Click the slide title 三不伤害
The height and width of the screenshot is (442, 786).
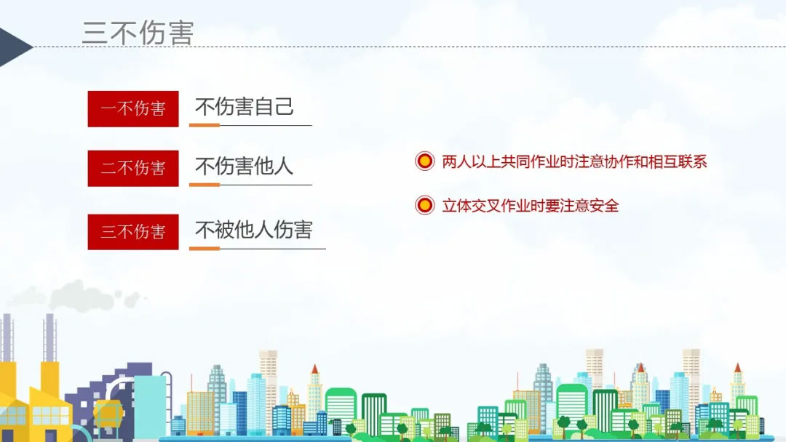(138, 33)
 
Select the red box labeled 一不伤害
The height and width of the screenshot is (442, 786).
(133, 108)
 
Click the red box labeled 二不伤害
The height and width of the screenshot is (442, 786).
(133, 168)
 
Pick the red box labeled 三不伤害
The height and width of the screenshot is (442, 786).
(133, 232)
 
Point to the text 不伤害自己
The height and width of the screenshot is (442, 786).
(244, 107)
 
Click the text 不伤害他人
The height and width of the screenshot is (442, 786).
(244, 166)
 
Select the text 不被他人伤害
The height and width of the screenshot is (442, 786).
(254, 230)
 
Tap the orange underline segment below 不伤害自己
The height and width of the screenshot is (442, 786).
(205, 125)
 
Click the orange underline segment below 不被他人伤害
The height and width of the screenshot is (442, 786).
(205, 249)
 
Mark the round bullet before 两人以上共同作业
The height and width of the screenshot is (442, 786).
(424, 161)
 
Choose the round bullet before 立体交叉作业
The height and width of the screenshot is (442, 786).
(424, 205)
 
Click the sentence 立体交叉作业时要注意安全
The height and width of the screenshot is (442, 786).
(531, 205)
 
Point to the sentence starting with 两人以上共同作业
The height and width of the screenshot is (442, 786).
(574, 161)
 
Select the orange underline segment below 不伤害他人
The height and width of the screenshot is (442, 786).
(205, 185)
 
